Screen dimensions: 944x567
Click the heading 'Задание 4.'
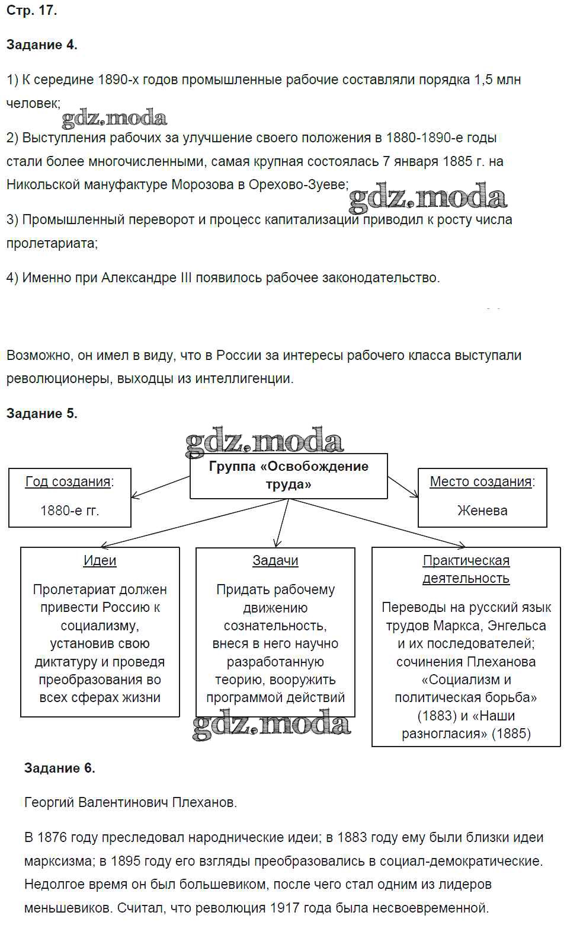click(x=41, y=45)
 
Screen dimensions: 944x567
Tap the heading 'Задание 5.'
click(x=41, y=414)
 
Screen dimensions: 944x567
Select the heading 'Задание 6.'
click(x=59, y=768)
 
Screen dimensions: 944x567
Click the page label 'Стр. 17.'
click(x=31, y=11)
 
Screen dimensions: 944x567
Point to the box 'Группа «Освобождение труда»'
click(x=289, y=476)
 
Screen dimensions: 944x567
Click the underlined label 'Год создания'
click(x=68, y=481)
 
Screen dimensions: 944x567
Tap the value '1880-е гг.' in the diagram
click(x=69, y=511)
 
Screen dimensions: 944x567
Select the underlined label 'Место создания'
click(x=480, y=481)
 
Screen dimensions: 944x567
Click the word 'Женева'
click(x=482, y=511)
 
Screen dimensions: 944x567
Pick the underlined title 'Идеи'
click(x=100, y=560)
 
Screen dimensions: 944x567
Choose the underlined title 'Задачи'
click(x=275, y=560)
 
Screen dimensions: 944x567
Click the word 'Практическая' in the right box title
click(x=466, y=560)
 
